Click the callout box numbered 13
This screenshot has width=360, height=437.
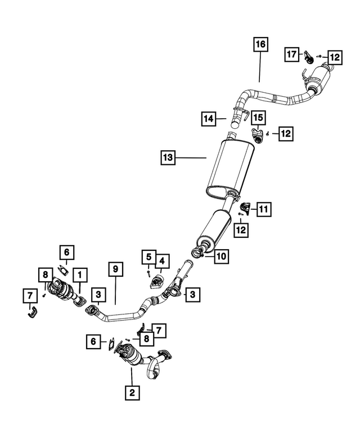[x=168, y=158]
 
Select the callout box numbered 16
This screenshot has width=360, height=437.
[x=260, y=44]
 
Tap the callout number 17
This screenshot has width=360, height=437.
[x=291, y=55]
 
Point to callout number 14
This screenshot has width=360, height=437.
[x=209, y=119]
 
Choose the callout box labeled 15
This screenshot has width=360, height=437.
[x=258, y=117]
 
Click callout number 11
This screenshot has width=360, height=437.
[x=263, y=209]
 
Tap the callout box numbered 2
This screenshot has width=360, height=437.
[x=131, y=393]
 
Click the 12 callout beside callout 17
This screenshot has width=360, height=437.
[x=334, y=57]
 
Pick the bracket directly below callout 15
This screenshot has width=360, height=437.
[x=258, y=136]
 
